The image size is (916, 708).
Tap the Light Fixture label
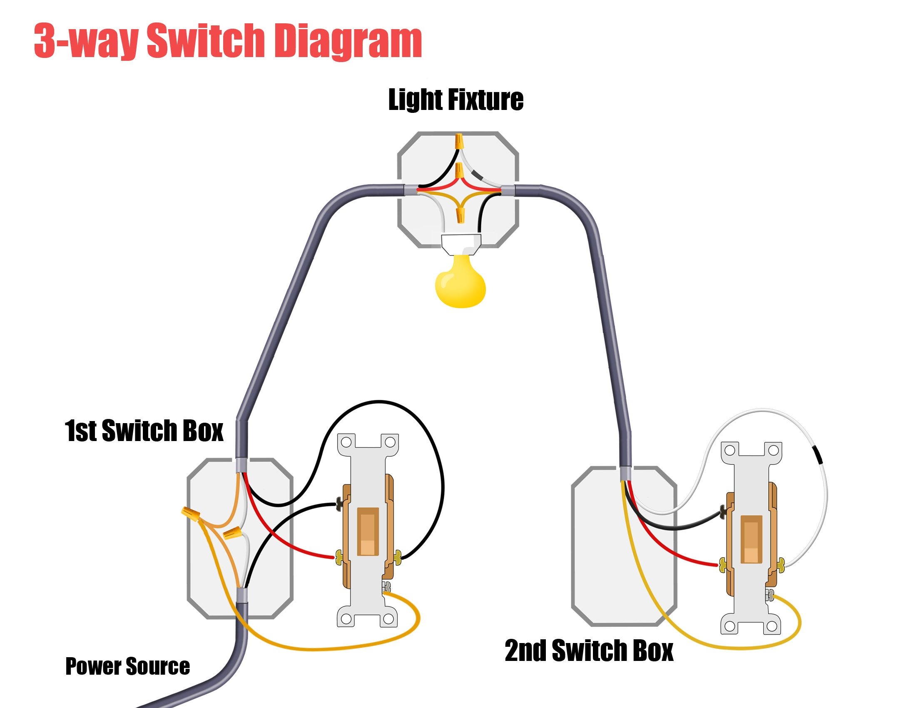pyautogui.click(x=456, y=100)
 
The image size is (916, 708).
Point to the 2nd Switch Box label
pyautogui.click(x=588, y=651)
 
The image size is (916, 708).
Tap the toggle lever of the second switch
pyautogui.click(x=751, y=539)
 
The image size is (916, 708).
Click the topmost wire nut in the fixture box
pyautogui.click(x=460, y=141)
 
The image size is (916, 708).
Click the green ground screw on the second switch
pyautogui.click(x=770, y=594)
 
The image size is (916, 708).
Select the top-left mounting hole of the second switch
pyautogui.click(x=729, y=451)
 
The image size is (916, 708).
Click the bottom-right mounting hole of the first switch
pyautogui.click(x=389, y=618)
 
